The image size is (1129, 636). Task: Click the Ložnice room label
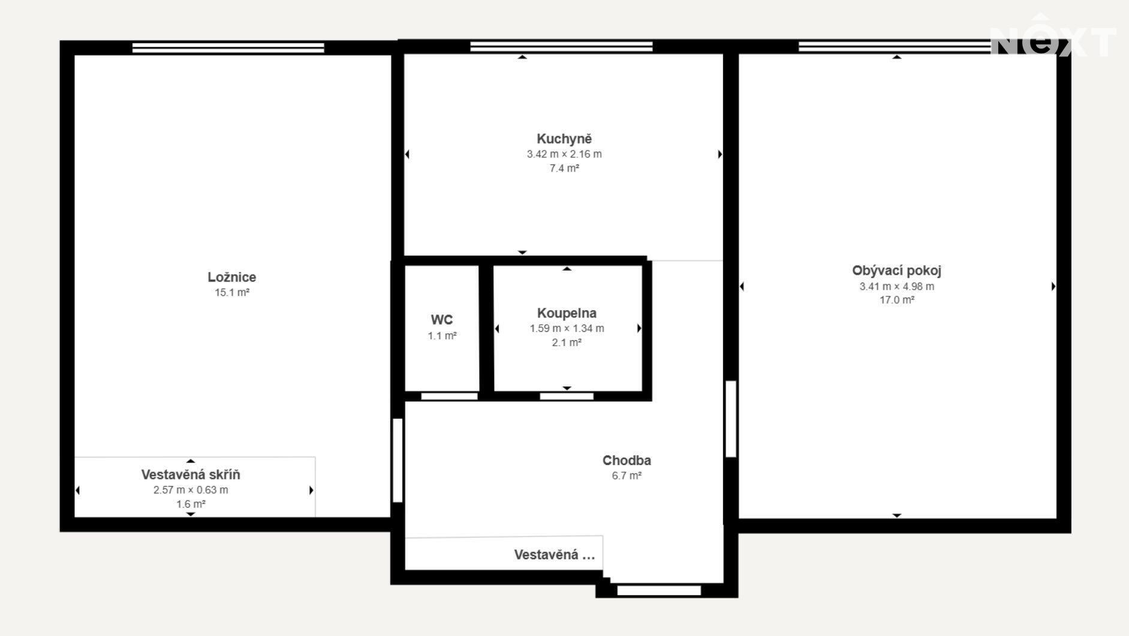232,277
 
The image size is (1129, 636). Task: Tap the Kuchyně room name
564,139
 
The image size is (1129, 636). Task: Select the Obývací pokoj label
896,271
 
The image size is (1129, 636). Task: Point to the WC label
442,320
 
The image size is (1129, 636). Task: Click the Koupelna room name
567,313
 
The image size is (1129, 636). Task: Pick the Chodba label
627,460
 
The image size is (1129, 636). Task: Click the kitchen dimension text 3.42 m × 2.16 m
564,154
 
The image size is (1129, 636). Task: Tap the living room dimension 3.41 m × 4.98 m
896,286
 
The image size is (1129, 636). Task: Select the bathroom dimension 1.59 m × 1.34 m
567,328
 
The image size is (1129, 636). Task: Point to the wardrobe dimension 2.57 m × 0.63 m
191,490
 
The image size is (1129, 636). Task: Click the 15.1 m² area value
232,293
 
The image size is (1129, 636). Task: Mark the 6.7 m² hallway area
627,476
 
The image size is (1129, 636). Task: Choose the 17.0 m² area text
896,300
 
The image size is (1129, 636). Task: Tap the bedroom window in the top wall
228,47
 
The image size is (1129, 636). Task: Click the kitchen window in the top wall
561,46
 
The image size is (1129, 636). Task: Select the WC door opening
449,396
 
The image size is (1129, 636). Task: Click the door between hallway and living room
730,419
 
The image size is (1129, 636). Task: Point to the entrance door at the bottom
659,590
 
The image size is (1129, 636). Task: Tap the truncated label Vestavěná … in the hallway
555,555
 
